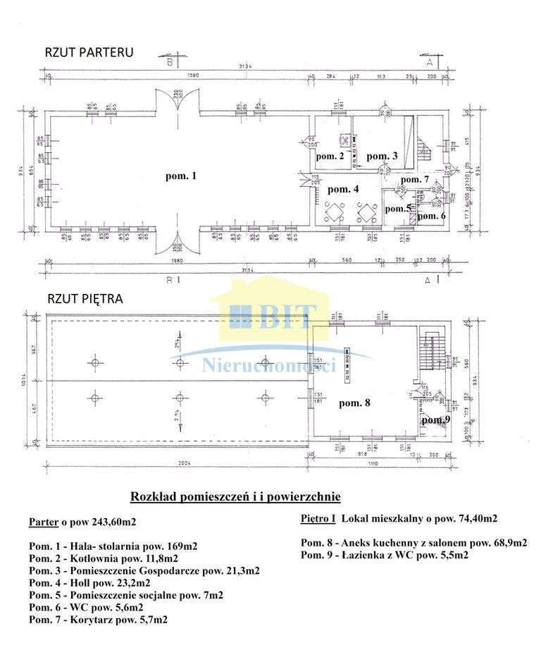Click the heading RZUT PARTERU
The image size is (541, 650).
tap(89, 52)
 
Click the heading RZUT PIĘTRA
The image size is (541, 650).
tap(85, 298)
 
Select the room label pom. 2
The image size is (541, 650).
tap(330, 156)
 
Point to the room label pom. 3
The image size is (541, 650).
tap(383, 156)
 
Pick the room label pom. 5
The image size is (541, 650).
tap(398, 208)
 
